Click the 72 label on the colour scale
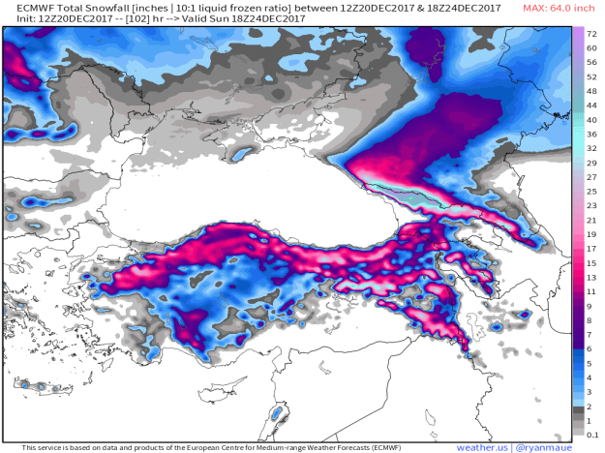[x=591, y=33]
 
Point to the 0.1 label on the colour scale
[x=591, y=435]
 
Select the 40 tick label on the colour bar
[x=591, y=119]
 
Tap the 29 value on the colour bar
[x=591, y=163]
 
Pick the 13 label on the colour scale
[x=591, y=277]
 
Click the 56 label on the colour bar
[x=591, y=75]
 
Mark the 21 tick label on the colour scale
[x=591, y=220]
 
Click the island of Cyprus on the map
[x=277, y=412]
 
